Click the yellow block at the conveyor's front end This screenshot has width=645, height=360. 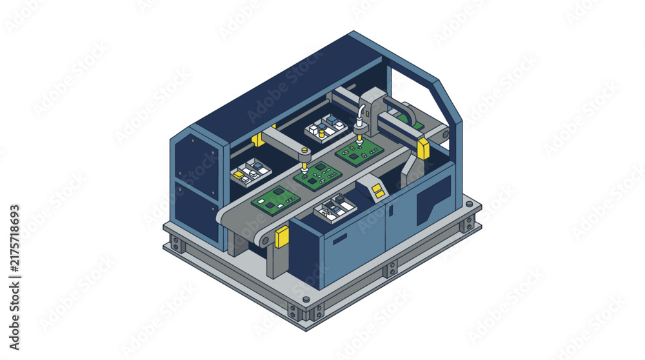pyautogui.click(x=282, y=237)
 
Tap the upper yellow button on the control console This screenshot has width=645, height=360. pyautogui.click(x=375, y=188)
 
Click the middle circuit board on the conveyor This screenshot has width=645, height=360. pyautogui.click(x=317, y=174)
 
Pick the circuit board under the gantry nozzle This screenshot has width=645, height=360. pyautogui.click(x=359, y=151)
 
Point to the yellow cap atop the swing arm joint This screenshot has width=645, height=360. pyautogui.click(x=304, y=150)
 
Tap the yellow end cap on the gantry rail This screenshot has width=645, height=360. pyautogui.click(x=423, y=148)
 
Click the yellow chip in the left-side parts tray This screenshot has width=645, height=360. pyautogui.click(x=239, y=175)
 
